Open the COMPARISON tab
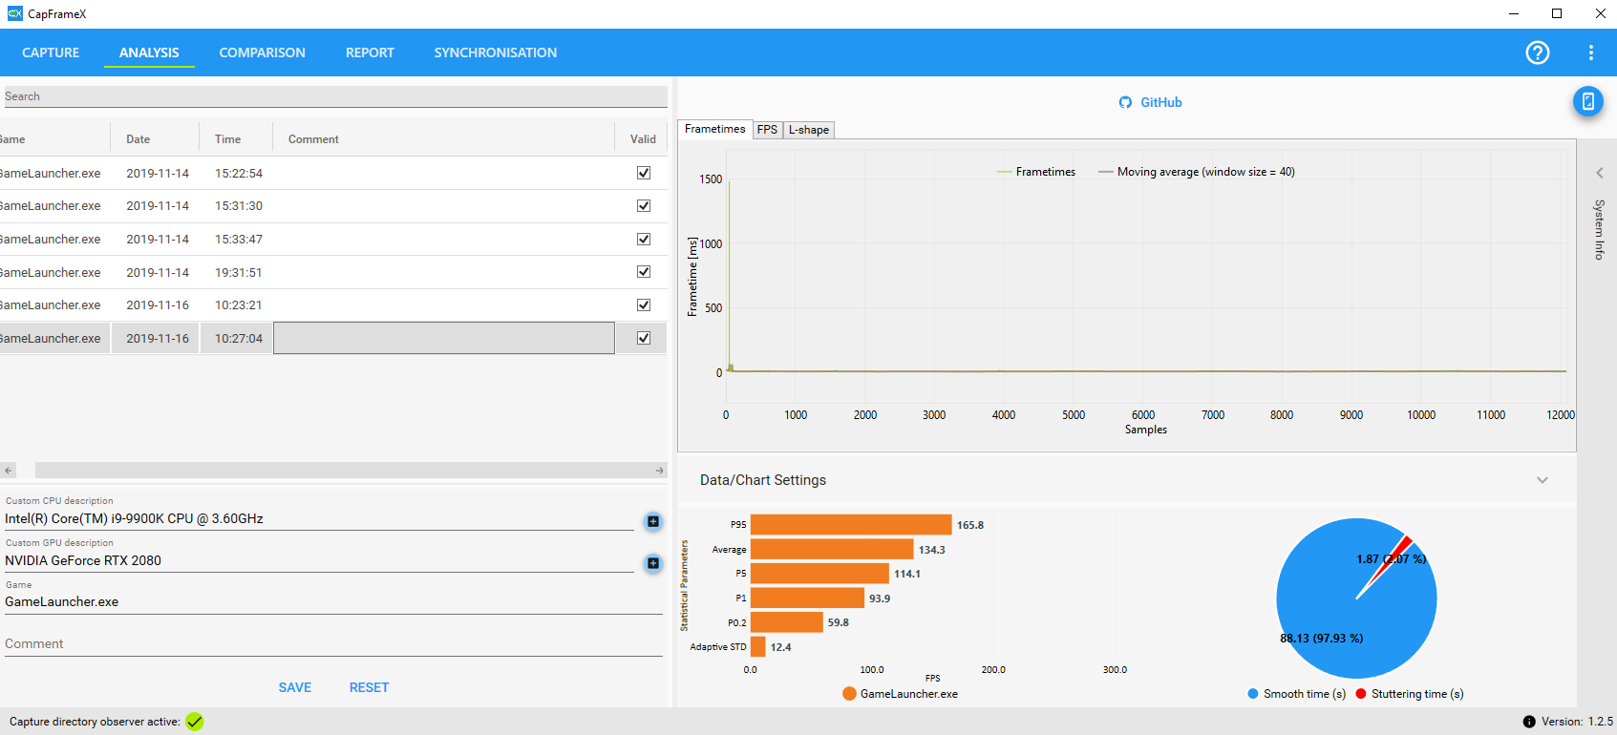coord(262,52)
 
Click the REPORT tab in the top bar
coord(370,52)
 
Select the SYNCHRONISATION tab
coord(495,52)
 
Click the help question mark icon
coord(1537,52)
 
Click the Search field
coord(335,96)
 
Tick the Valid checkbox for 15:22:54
coord(643,173)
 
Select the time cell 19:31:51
coord(238,273)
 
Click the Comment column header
coord(313,139)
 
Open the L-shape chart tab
coord(808,130)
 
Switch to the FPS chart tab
coord(767,130)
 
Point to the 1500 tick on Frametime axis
coord(711,179)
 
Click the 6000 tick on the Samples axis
coord(1142,414)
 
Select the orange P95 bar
coord(851,524)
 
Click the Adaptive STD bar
coord(758,646)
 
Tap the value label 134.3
coord(931,550)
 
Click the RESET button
coord(369,687)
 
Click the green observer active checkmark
coord(194,722)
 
